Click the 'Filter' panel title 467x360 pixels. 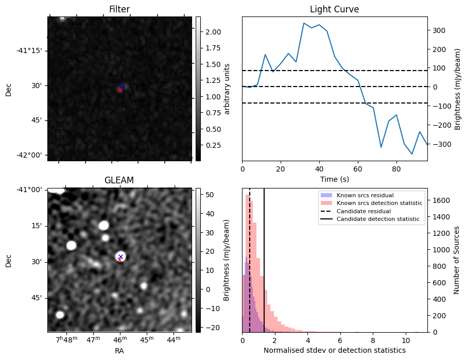tap(119, 9)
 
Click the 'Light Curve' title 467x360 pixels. tap(334, 9)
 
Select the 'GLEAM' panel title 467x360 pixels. tap(119, 180)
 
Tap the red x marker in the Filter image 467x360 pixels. tap(120, 90)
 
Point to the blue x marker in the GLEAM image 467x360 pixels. tap(120, 256)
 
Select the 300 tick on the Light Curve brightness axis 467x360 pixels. tap(438, 30)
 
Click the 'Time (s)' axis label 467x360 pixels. tap(334, 179)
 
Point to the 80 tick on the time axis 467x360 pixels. tap(396, 168)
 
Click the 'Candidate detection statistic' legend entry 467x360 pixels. tap(377, 219)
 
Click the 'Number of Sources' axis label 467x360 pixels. tap(457, 260)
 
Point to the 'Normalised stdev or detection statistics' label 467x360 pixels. tap(334, 350)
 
